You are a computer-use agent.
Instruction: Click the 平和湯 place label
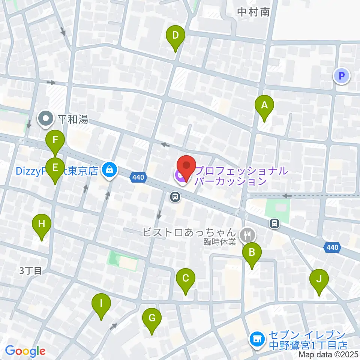tap(73, 120)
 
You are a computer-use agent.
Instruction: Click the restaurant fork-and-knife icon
tap(247, 235)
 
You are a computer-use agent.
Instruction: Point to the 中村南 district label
tap(253, 12)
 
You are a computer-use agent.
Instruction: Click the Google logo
tap(25, 351)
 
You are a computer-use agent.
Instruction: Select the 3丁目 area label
tap(31, 271)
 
